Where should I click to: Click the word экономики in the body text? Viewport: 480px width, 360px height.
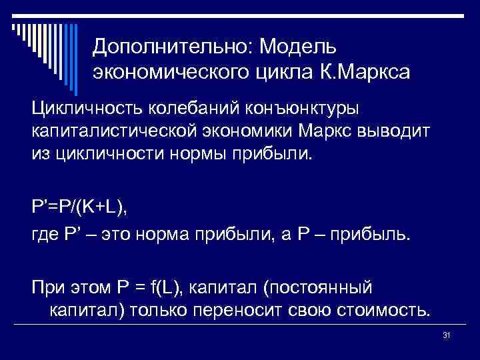click(x=261, y=131)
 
